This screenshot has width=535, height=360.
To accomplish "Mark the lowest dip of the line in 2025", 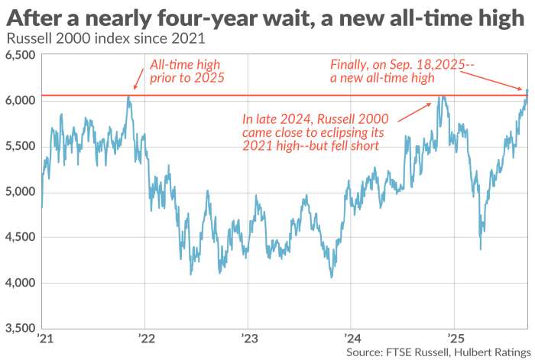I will point(480,248).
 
